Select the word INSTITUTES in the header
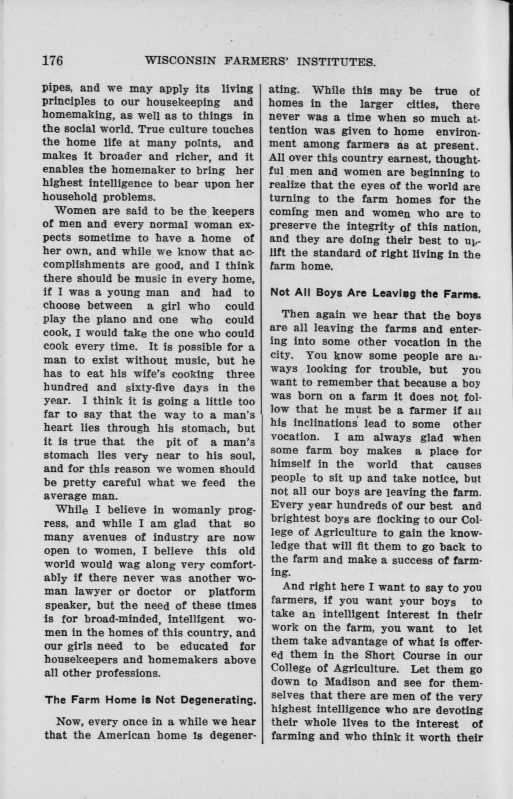336,61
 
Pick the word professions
133,673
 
